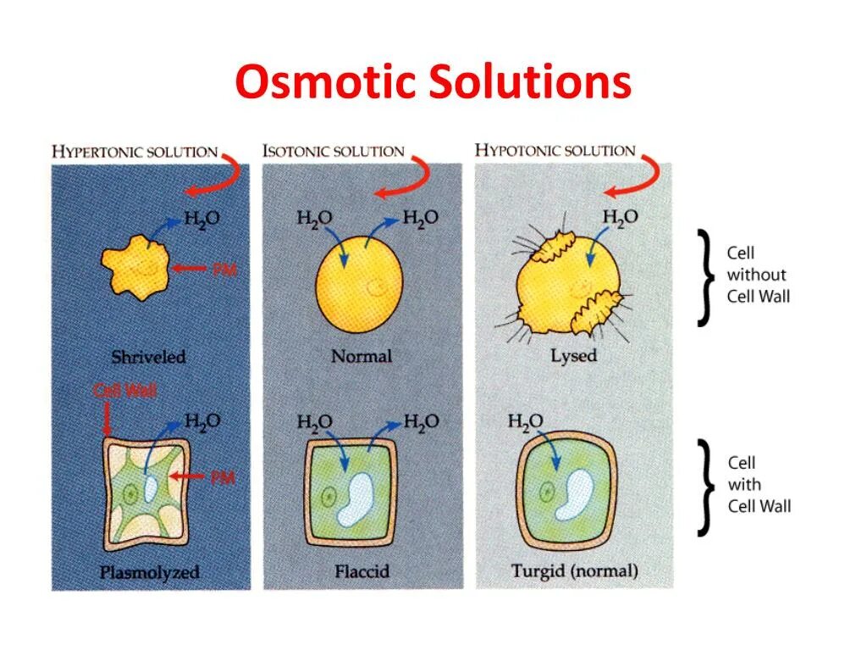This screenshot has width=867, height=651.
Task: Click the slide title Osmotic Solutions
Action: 433,84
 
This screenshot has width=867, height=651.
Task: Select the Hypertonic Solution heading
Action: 135,152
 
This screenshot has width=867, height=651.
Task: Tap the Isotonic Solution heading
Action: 334,152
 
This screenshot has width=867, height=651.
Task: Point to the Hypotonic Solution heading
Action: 555,151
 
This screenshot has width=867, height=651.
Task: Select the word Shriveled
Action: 148,357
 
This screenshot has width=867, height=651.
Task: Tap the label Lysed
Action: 573,356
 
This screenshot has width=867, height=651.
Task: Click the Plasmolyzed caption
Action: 150,572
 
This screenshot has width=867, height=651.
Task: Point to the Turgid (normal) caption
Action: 574,571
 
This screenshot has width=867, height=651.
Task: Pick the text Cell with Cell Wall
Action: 759,485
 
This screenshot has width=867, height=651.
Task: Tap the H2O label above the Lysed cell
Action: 620,217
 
